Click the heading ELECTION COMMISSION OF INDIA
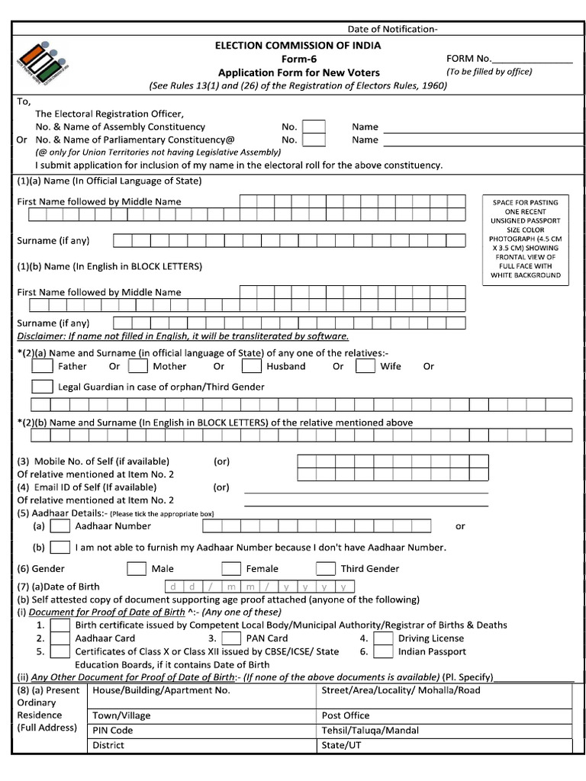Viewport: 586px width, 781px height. coord(298,46)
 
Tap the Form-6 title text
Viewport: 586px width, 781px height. coord(298,59)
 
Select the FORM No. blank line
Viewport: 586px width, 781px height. coord(532,59)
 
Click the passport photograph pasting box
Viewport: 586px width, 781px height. coord(525,238)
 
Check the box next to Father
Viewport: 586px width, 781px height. coord(42,366)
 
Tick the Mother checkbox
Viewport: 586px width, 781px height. coord(138,366)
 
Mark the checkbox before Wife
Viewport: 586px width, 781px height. coord(365,366)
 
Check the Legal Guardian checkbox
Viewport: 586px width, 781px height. coord(42,387)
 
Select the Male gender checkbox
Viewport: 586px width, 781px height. coord(137,568)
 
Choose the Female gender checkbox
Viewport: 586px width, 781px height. coord(231,568)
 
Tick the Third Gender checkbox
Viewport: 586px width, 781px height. coord(326,568)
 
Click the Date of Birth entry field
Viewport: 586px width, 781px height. coord(259,587)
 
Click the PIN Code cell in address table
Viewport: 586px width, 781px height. coord(202,731)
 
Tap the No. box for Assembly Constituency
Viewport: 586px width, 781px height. coord(314,127)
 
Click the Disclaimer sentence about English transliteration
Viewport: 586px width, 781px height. coord(183,336)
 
